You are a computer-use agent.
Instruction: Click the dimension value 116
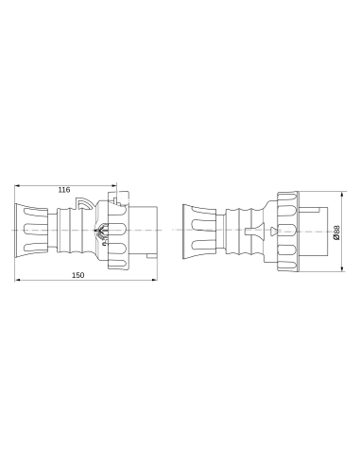pos(64,190)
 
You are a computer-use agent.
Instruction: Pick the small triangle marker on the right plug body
pos(273,231)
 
